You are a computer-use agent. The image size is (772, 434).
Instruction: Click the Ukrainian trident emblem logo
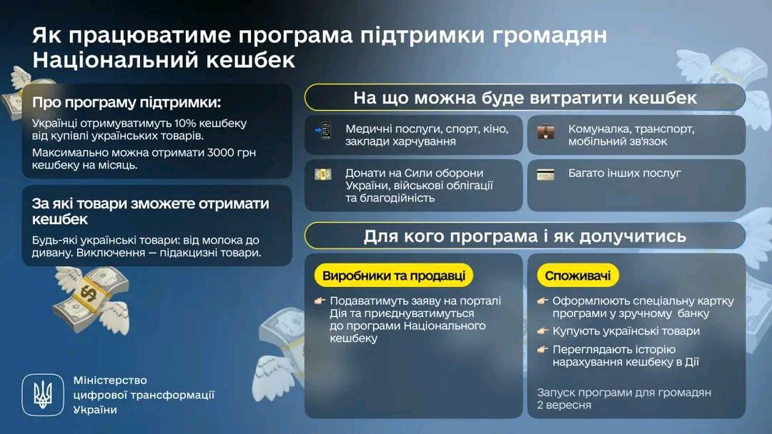click(x=43, y=395)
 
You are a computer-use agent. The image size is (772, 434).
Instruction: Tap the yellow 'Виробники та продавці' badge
click(x=393, y=276)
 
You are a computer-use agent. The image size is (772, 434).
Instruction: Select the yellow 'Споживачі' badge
click(x=578, y=276)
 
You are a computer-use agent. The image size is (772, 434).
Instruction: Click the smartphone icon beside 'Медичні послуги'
click(x=324, y=131)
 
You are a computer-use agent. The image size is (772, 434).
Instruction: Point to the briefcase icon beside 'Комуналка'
click(x=545, y=132)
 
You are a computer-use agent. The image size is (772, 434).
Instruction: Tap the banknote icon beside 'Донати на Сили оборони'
click(x=323, y=174)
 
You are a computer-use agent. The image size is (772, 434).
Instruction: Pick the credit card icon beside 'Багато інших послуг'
click(x=545, y=174)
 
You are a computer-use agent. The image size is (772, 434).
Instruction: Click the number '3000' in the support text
click(x=221, y=152)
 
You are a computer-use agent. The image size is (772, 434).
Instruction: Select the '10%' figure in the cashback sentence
click(x=186, y=123)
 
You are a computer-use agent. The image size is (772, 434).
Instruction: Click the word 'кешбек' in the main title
click(x=251, y=60)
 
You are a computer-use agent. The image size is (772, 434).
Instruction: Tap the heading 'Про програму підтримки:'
click(x=127, y=103)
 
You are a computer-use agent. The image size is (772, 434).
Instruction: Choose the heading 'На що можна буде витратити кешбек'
click(x=525, y=98)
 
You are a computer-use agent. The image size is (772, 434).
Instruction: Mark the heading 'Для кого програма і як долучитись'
click(x=525, y=236)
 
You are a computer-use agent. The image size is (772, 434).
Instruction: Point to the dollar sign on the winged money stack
click(x=89, y=293)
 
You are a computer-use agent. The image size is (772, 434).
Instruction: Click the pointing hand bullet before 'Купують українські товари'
click(x=543, y=331)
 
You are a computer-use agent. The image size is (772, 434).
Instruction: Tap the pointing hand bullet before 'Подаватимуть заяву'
click(x=320, y=301)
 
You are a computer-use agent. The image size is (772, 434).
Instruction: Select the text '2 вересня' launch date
click(x=564, y=405)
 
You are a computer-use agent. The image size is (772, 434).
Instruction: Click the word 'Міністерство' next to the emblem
click(x=110, y=380)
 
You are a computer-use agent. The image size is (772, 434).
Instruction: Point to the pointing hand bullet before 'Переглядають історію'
click(x=543, y=350)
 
